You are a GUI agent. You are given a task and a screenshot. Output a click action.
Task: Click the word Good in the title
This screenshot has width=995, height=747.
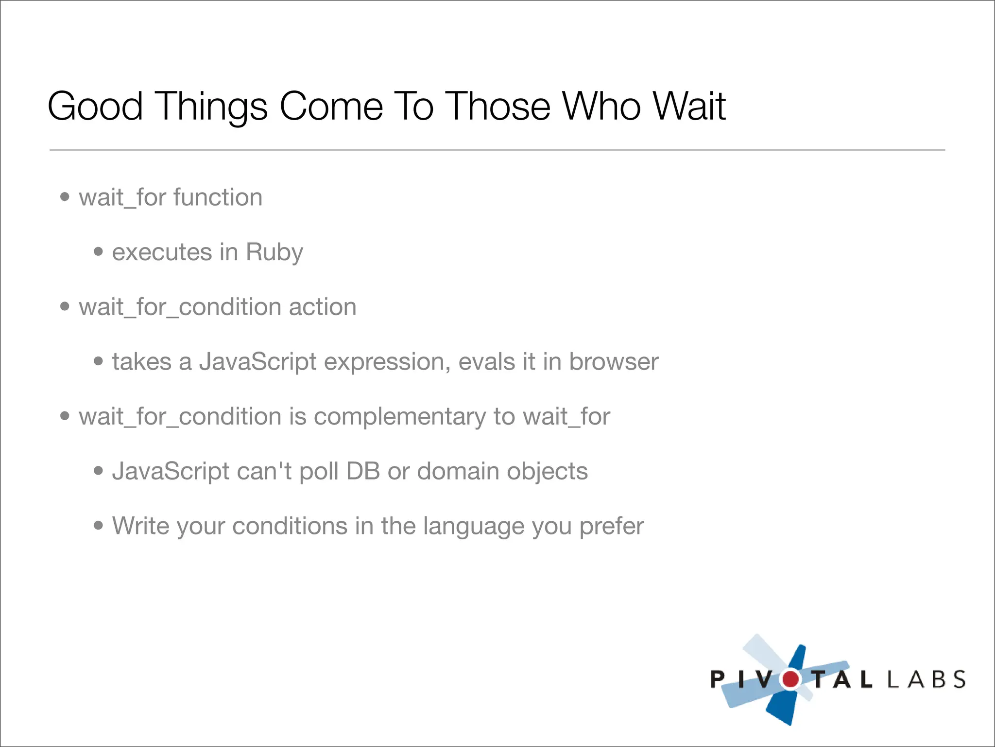[x=95, y=106]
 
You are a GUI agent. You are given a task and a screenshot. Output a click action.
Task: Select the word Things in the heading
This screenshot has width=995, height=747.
[x=211, y=107]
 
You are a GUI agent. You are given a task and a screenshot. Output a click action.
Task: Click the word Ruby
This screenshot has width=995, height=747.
[x=274, y=252]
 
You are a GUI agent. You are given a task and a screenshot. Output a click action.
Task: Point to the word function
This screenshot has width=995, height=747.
[x=218, y=197]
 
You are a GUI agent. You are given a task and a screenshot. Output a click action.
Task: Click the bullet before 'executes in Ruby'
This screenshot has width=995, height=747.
[x=99, y=251]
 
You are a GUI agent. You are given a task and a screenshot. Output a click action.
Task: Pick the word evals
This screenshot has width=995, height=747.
[x=486, y=362]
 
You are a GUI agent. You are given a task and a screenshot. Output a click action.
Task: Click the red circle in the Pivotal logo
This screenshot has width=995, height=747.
[x=790, y=679]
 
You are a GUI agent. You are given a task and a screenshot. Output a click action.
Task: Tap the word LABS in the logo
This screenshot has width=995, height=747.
[x=926, y=679]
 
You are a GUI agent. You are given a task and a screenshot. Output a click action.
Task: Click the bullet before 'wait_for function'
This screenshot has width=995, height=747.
[x=65, y=197]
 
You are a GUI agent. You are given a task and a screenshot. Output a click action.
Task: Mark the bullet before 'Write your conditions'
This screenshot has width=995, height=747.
[x=99, y=525]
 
